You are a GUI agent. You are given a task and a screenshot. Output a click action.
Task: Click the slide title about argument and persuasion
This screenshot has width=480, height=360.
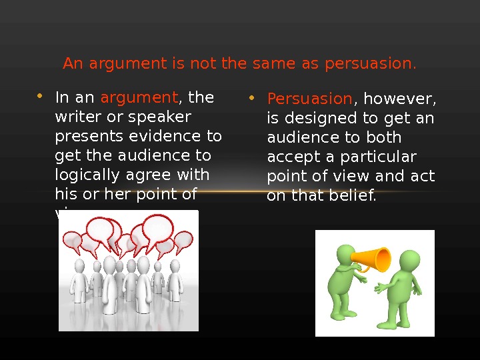(239, 64)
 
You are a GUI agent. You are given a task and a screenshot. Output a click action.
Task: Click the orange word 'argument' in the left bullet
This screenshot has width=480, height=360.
(139, 98)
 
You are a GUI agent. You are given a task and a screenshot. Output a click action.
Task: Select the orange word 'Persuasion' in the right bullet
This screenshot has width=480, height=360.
(309, 99)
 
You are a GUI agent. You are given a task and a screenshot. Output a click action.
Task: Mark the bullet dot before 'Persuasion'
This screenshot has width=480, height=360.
(251, 99)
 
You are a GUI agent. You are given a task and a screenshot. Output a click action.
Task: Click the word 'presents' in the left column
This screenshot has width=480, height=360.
(83, 136)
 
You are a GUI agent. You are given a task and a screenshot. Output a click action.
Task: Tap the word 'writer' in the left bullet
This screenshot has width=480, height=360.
(75, 117)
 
